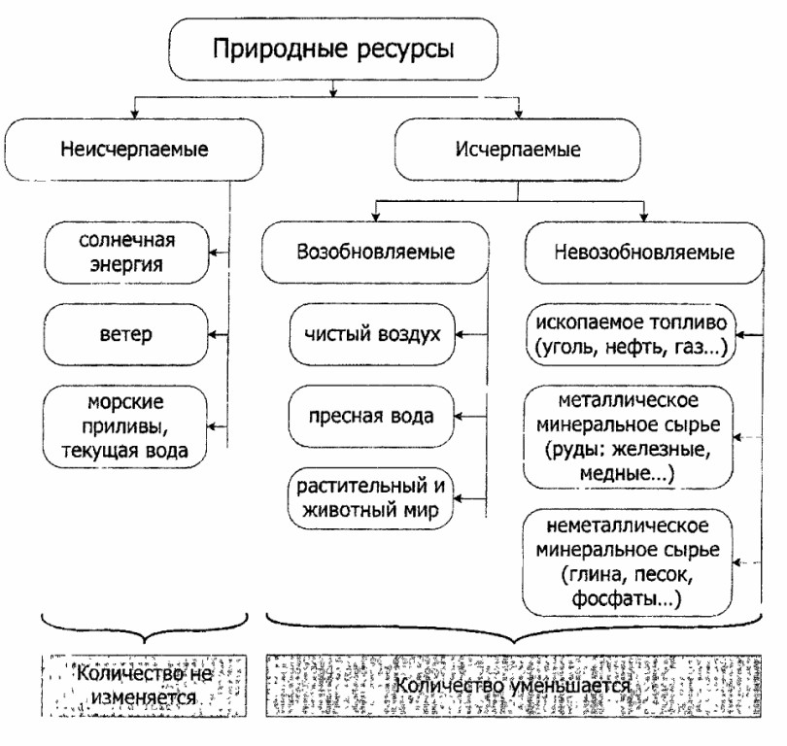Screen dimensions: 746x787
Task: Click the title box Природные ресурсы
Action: point(333,49)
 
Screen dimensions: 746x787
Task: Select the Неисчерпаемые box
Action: point(134,151)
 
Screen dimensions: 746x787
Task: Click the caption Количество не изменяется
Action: point(137,684)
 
